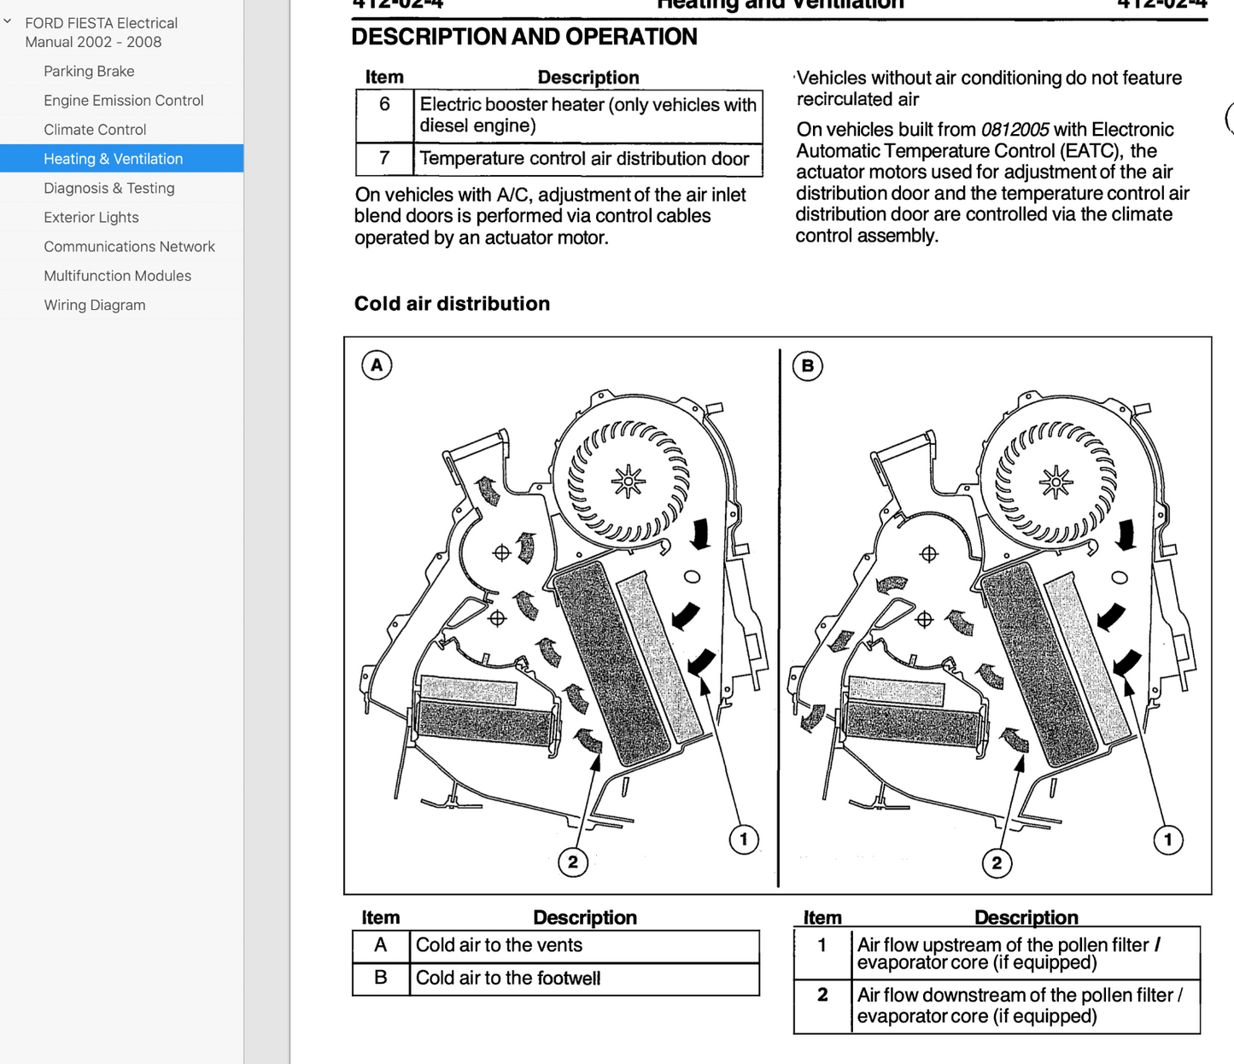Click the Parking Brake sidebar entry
coord(89,71)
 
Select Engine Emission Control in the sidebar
coord(123,100)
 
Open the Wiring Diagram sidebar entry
coord(94,305)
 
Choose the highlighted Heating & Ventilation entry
coord(113,159)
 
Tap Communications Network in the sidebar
coord(129,247)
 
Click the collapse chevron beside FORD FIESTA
coord(9,22)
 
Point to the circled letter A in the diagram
coord(377,365)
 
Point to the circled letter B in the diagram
coord(807,366)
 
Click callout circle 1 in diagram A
coord(744,839)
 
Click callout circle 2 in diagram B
coord(997,862)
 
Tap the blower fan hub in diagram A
coord(629,482)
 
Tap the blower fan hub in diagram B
coord(1056,482)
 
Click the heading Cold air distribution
coord(452,304)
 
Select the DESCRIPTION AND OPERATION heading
coord(524,37)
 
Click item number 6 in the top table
coord(384,104)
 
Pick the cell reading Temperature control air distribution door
coord(584,159)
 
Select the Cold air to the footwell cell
coord(508,979)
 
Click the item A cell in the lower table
coord(381,945)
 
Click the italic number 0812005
coord(1015,130)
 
